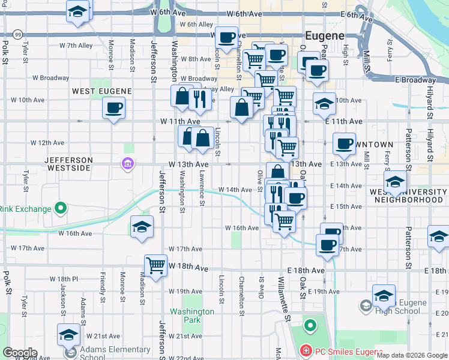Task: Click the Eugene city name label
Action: click(x=324, y=35)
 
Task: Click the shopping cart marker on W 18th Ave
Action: click(x=156, y=264)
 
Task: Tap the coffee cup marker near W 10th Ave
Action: click(x=113, y=109)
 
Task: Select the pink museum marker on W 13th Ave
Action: click(x=127, y=164)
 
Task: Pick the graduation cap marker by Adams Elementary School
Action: click(x=68, y=334)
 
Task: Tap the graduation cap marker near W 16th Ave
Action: click(x=142, y=227)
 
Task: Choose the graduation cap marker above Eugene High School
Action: click(x=384, y=295)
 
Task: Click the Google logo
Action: click(x=20, y=353)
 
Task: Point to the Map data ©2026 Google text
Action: click(x=412, y=356)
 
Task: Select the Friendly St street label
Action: click(x=103, y=290)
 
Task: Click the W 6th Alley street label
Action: click(x=196, y=25)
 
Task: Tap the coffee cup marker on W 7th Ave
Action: click(x=226, y=38)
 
